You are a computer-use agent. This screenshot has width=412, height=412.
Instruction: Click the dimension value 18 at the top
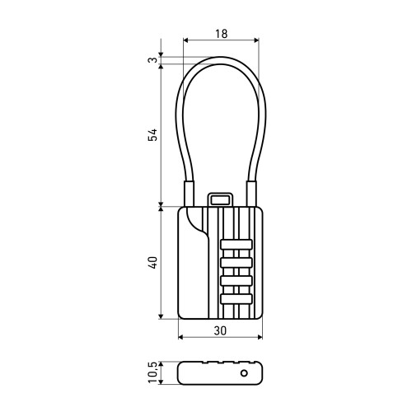(221, 34)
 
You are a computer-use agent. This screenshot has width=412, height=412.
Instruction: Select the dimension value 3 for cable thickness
(153, 59)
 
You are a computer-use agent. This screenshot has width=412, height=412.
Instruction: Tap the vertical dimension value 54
(152, 134)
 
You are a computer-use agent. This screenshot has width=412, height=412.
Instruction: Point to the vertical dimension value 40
(152, 263)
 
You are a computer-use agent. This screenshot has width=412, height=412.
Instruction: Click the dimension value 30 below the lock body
(220, 330)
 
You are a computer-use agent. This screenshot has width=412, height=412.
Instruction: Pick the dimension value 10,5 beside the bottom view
(152, 372)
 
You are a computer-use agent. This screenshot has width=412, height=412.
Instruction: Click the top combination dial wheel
(236, 245)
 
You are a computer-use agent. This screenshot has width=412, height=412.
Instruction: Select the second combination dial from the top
(236, 262)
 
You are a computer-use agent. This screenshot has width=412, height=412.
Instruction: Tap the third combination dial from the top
(236, 280)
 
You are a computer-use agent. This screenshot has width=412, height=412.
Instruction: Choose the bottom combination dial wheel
(236, 298)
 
